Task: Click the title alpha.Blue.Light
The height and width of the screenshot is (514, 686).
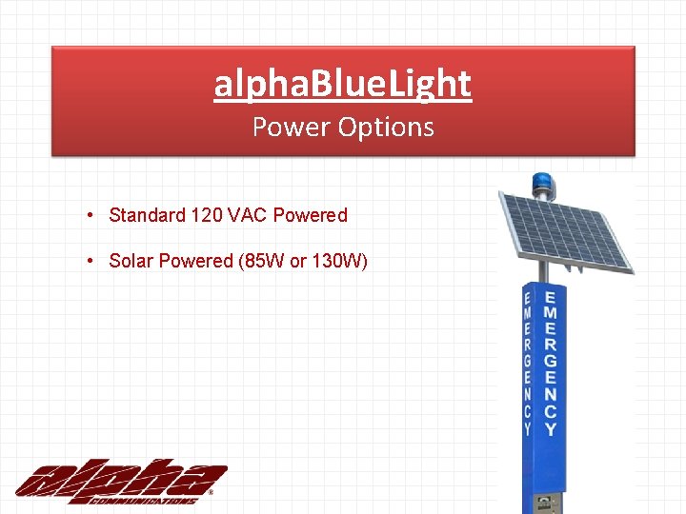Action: tap(343, 84)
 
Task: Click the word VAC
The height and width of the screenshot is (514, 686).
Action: tap(248, 215)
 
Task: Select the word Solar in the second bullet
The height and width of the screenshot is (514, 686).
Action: tap(131, 261)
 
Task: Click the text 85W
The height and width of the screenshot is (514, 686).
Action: tap(264, 261)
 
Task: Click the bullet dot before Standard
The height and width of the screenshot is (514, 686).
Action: tap(88, 214)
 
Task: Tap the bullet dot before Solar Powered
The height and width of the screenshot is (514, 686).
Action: tap(88, 260)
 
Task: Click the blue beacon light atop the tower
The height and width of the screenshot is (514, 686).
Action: tap(543, 183)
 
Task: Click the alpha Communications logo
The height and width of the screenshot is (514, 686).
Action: tap(120, 482)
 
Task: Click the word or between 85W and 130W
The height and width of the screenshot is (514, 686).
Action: tap(297, 261)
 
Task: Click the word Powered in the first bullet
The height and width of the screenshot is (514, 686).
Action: tap(311, 215)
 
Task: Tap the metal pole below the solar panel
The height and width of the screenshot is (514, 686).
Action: tap(544, 271)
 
